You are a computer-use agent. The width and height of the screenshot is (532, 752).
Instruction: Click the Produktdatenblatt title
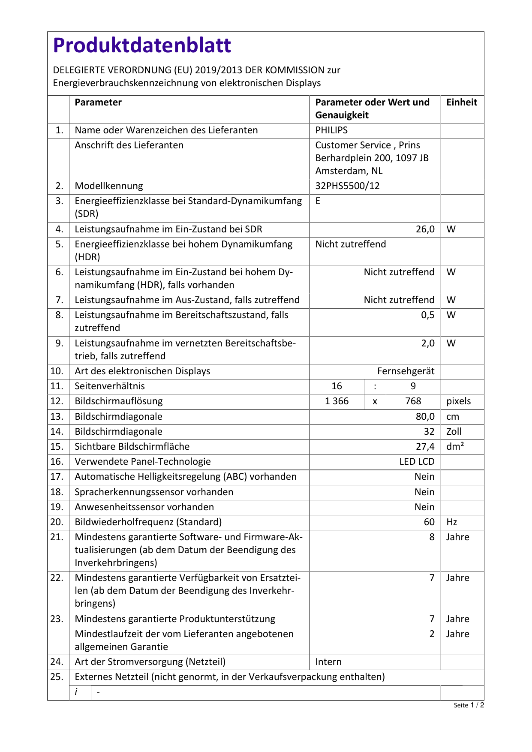pos(142,45)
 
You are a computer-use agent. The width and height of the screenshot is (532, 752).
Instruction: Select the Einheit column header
pos(462,102)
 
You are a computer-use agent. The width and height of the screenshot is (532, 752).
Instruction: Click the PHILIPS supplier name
pos(331,130)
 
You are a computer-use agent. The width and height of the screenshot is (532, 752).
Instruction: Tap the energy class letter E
pos(318,201)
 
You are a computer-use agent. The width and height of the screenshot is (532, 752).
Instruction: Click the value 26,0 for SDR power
pos(425,229)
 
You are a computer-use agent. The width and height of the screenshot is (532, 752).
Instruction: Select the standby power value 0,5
pos(427,315)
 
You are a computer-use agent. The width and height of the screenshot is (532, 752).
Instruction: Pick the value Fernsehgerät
pos(406,371)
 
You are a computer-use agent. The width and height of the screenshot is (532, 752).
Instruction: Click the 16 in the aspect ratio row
pos(337,386)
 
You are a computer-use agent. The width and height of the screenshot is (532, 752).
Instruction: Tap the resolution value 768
pos(413,401)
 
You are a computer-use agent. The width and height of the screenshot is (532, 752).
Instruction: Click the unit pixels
pos(458,401)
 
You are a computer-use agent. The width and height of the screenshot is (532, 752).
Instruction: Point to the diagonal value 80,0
pos(425,417)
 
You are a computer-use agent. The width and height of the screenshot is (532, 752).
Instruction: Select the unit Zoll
pos(454,432)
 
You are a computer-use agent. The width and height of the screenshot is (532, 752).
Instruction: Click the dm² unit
pos(455,447)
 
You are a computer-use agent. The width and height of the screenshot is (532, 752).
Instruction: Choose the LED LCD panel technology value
pos(417,462)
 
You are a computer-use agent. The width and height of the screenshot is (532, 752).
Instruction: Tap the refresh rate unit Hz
pos(452,522)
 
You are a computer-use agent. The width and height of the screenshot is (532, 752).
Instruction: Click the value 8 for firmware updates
pos(432,537)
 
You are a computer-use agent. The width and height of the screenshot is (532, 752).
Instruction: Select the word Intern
pos(328,662)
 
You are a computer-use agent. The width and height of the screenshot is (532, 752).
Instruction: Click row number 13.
pos(57,417)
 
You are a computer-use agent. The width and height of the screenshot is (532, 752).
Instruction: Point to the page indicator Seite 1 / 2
pos(469,705)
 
